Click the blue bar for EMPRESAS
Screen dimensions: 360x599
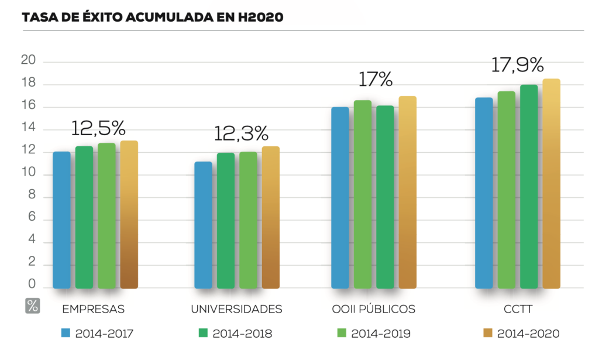(61, 220)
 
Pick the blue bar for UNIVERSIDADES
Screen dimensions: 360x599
(203, 225)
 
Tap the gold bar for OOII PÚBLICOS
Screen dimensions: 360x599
(408, 193)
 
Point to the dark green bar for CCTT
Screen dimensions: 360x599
(529, 187)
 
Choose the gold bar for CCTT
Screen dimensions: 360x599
(552, 184)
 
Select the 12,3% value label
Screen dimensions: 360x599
(241, 133)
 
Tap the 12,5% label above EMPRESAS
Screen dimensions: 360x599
(98, 128)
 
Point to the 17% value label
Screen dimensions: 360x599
(375, 80)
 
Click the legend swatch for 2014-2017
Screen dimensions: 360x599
(66, 334)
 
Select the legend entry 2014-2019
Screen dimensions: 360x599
(381, 334)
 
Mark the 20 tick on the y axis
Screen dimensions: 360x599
(28, 60)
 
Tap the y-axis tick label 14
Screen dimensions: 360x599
(28, 128)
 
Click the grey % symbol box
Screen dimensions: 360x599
(33, 306)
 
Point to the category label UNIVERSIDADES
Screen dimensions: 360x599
(237, 309)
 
